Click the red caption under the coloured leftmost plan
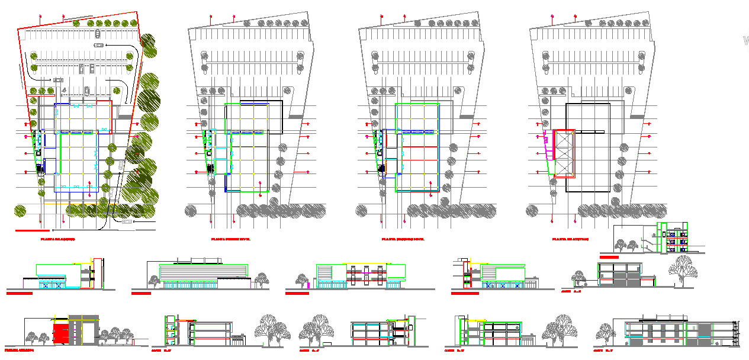57,239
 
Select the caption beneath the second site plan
230,239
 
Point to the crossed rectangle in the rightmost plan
563,153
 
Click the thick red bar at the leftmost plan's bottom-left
32,230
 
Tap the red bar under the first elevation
19,293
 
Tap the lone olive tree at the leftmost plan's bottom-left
21,210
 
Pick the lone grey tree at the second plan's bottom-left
191,210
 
